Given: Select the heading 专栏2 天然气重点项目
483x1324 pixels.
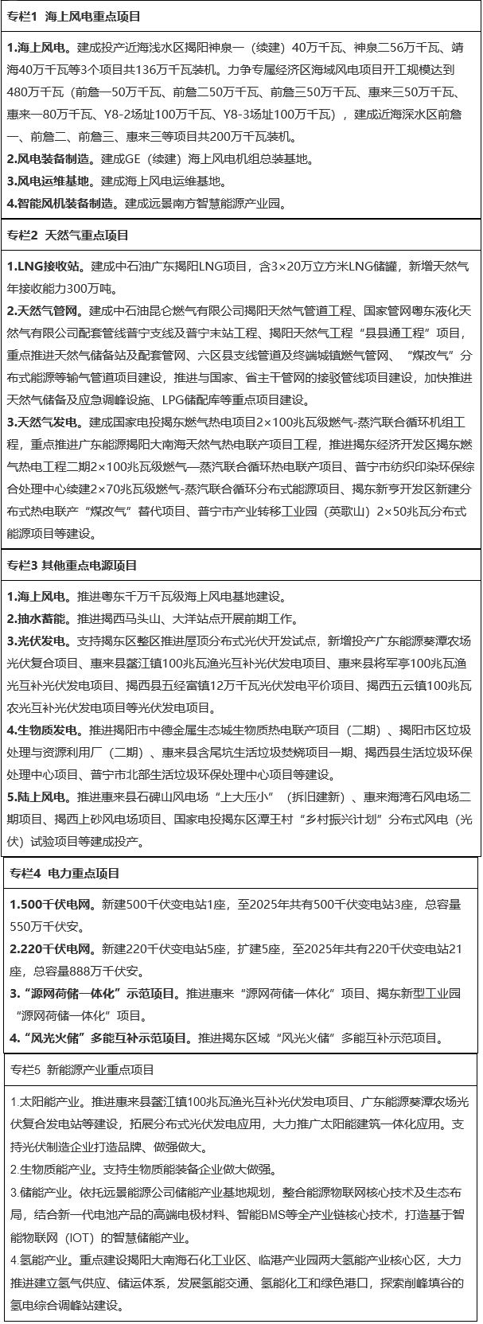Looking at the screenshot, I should pos(68,236).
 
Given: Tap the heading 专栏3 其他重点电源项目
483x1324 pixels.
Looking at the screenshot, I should pos(72,565).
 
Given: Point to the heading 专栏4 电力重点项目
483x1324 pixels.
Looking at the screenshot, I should pos(65,874).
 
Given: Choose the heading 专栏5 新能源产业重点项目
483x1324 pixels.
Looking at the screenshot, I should pos(83,1070).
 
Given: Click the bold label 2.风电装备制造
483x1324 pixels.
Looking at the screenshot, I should pos(50,158).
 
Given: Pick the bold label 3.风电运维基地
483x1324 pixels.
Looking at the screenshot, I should pos(50,181).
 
